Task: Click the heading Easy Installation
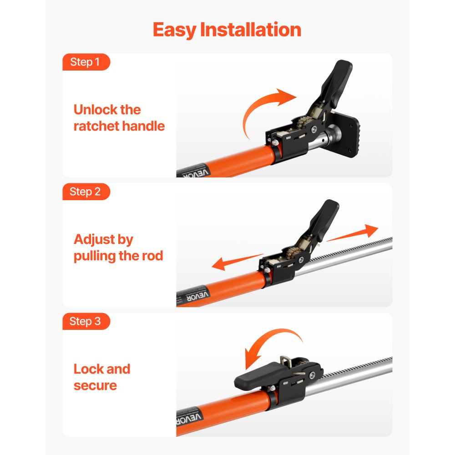[x=227, y=30]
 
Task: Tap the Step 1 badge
[x=85, y=62]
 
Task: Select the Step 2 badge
[x=85, y=192]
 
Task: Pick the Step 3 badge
[x=85, y=321]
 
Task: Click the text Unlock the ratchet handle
[x=119, y=117]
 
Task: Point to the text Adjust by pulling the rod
[x=118, y=248]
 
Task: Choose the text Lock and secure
[x=102, y=377]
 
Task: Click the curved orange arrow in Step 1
[x=264, y=109]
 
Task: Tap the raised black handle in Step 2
[x=325, y=218]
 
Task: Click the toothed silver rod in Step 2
[x=350, y=255]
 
